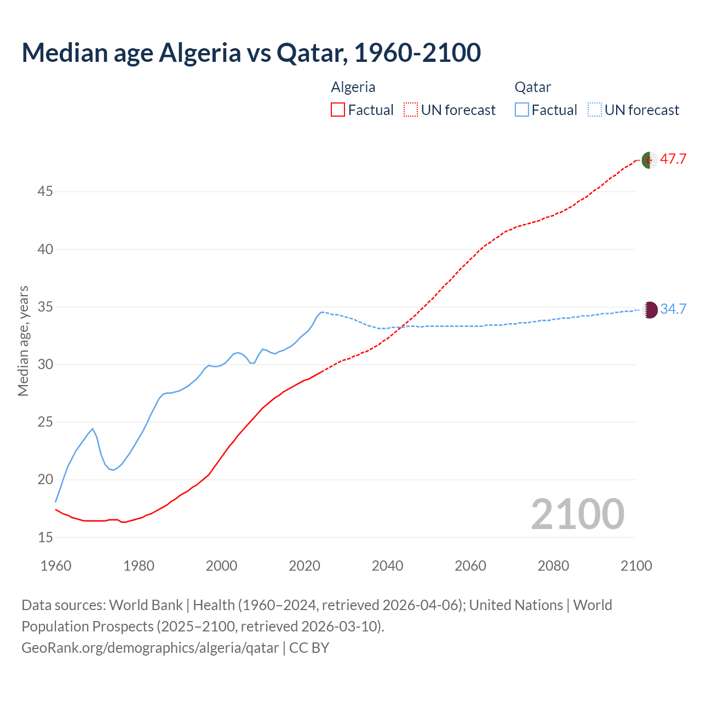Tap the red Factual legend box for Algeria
tap(338, 110)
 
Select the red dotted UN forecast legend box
tap(411, 110)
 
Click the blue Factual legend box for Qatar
tap(522, 110)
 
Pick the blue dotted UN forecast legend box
tap(594, 110)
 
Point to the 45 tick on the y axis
tap(45, 192)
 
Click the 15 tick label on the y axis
tap(45, 537)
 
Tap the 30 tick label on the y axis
tap(45, 364)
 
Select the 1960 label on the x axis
tap(56, 565)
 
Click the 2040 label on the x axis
tap(388, 565)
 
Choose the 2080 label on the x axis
tap(553, 565)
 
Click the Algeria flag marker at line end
tap(650, 160)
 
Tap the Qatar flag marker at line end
tap(650, 310)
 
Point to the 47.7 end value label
tap(673, 159)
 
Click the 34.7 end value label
tap(673, 309)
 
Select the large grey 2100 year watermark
tap(577, 514)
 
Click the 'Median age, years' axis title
tap(23, 341)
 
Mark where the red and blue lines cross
tap(401, 327)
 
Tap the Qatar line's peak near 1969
tap(93, 429)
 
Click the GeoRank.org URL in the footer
tap(150, 648)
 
